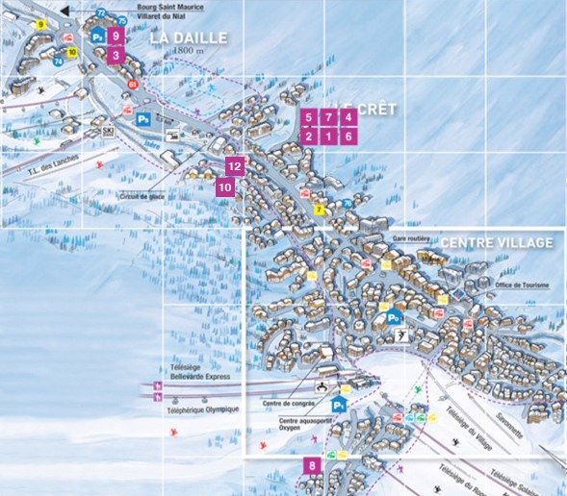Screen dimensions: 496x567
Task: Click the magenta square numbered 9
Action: pyautogui.click(x=116, y=36)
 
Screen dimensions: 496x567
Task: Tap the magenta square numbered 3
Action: pyautogui.click(x=116, y=56)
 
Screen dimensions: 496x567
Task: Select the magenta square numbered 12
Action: pyautogui.click(x=235, y=165)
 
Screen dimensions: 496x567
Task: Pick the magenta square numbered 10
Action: pyautogui.click(x=224, y=187)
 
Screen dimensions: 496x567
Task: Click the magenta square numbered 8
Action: pyautogui.click(x=312, y=465)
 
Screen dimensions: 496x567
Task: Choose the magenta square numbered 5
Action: pyautogui.click(x=307, y=117)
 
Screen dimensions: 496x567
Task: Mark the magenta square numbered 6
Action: pyautogui.click(x=348, y=136)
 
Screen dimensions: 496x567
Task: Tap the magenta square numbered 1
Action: pyautogui.click(x=327, y=136)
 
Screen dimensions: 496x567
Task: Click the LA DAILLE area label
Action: pyautogui.click(x=190, y=38)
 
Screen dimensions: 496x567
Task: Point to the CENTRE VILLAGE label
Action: pyautogui.click(x=498, y=242)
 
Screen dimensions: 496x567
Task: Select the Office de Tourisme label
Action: pyautogui.click(x=522, y=285)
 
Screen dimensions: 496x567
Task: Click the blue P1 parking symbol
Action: pyautogui.click(x=339, y=404)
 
